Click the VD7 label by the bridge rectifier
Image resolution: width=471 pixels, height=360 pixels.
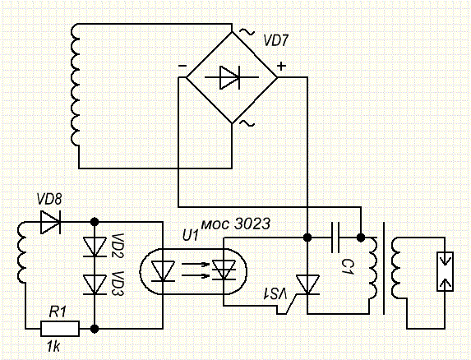click(275, 40)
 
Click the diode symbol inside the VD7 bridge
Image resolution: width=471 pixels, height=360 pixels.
click(231, 77)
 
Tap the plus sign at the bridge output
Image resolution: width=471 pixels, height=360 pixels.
click(281, 66)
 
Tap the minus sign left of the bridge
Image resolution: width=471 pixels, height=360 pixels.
click(182, 66)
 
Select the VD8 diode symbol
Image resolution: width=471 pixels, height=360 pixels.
click(50, 222)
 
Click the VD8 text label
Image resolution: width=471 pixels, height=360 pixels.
click(49, 199)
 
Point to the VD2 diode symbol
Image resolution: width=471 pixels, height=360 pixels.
click(95, 247)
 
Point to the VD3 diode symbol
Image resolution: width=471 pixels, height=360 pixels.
click(95, 284)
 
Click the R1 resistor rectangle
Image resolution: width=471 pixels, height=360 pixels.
click(60, 329)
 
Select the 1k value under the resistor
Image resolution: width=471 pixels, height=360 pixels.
click(53, 347)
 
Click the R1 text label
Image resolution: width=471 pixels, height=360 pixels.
click(58, 312)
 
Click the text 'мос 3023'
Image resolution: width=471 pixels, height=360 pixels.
click(235, 224)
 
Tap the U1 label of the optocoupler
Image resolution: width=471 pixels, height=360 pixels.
click(191, 236)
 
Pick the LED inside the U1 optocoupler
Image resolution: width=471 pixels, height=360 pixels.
click(163, 271)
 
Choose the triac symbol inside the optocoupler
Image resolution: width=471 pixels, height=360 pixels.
click(224, 270)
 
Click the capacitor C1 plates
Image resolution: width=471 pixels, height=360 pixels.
click(335, 238)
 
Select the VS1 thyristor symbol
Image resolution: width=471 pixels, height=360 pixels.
click(307, 285)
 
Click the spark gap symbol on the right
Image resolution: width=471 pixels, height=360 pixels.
click(445, 272)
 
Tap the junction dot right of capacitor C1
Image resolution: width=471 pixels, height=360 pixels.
click(361, 238)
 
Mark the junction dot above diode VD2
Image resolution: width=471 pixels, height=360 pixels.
click(95, 222)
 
